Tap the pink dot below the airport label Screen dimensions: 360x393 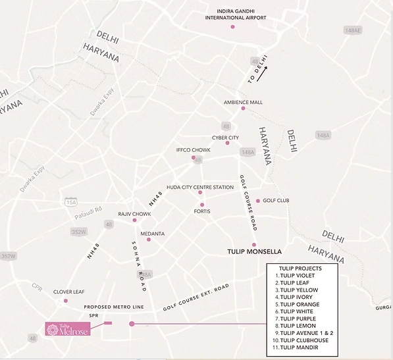coord(232,27)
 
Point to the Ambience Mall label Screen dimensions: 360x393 coord(243,103)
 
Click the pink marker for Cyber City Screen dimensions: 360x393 coord(227,143)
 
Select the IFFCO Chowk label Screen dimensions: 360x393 coord(194,150)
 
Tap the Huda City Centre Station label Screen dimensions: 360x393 coord(200,188)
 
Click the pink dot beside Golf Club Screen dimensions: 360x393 coord(257,201)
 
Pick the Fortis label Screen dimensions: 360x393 coord(202,211)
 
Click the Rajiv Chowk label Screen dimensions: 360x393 coord(134,214)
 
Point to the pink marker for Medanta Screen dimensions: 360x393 coord(149,240)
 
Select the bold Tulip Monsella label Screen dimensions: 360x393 coord(254,252)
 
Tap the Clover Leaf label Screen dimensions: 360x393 coord(66,292)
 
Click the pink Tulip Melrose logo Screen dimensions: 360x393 coord(68,328)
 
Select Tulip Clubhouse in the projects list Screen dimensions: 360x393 coord(303,340)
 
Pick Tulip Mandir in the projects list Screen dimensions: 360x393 coord(300,347)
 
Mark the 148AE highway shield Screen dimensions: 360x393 coord(353,30)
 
